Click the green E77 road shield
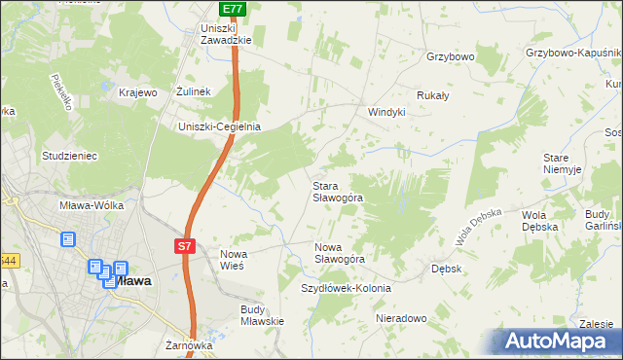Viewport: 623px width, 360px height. pos(231,9)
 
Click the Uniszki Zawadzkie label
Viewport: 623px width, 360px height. pos(226,34)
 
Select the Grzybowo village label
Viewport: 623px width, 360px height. pos(450,57)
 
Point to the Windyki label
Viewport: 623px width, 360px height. pos(385,112)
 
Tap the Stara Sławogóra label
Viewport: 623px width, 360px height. pos(337,191)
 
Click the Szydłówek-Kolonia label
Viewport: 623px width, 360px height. pos(346,289)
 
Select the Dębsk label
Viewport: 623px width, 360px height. pos(446,268)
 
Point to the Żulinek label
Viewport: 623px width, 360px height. pos(195,92)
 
